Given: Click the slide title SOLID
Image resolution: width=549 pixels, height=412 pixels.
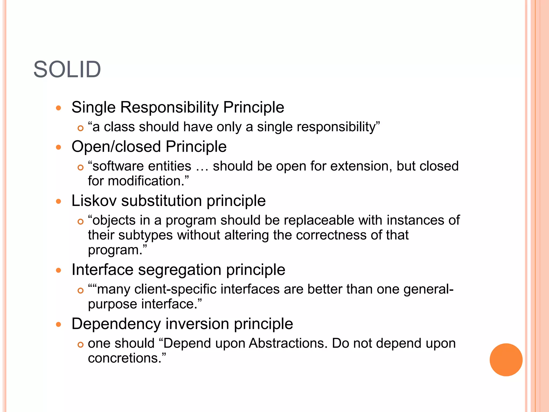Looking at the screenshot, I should pyautogui.click(x=67, y=70).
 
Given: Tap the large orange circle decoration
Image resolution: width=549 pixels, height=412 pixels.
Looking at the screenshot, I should pyautogui.click(x=506, y=360).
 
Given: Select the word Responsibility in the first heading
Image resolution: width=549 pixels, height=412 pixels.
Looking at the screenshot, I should pyautogui.click(x=169, y=107).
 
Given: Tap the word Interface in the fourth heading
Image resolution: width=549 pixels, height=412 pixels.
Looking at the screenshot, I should pyautogui.click(x=102, y=270).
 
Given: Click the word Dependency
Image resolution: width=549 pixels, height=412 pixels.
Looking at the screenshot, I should pyautogui.click(x=116, y=324).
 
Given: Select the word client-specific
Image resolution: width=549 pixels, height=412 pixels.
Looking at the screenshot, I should pyautogui.click(x=175, y=289).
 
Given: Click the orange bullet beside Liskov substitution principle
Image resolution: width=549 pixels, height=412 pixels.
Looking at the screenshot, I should pyautogui.click(x=58, y=201).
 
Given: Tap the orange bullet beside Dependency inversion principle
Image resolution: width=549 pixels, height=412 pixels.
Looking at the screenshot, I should pyautogui.click(x=58, y=325).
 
